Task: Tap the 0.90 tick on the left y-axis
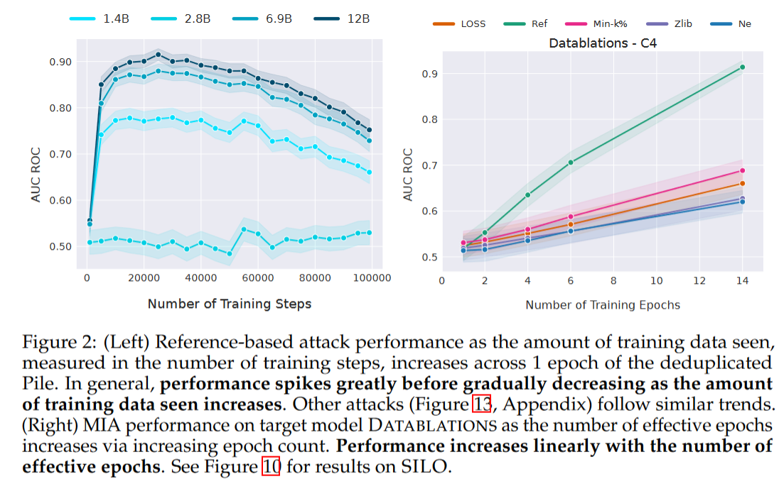pyautogui.click(x=65, y=62)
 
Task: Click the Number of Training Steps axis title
pyautogui.click(x=229, y=304)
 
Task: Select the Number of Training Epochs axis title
pyautogui.click(x=603, y=304)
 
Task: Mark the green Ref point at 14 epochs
pyautogui.click(x=742, y=67)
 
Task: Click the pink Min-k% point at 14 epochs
pyautogui.click(x=742, y=170)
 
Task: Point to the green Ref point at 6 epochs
pyautogui.click(x=570, y=163)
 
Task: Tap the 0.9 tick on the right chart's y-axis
pyautogui.click(x=429, y=74)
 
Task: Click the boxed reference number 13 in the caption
pyautogui.click(x=481, y=405)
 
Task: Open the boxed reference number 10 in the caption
pyautogui.click(x=271, y=468)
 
